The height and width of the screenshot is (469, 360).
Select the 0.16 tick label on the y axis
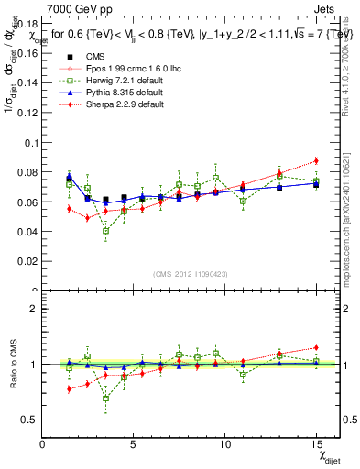point(27,53)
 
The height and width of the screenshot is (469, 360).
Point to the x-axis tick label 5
point(134,443)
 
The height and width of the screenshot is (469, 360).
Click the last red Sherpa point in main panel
point(316,160)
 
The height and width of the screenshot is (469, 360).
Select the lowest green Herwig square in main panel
point(106,231)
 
